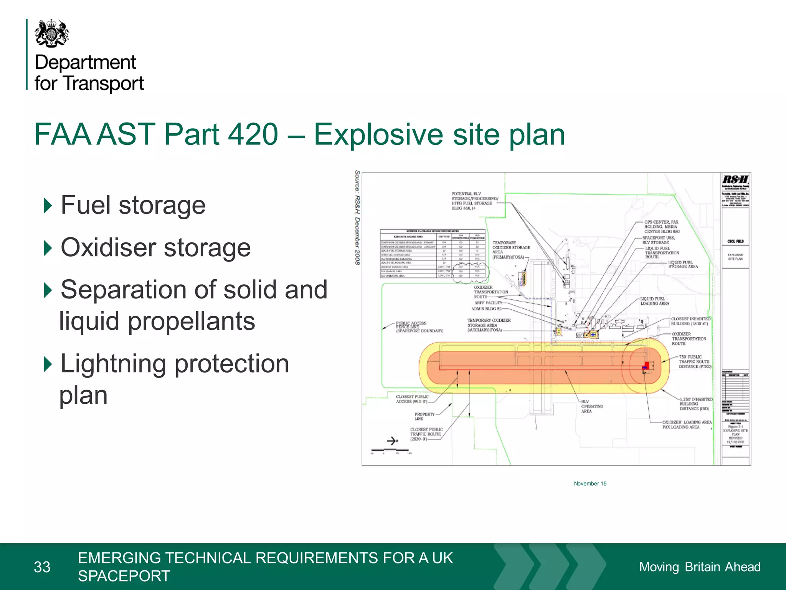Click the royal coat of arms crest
(x=52, y=34)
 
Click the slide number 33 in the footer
(x=42, y=567)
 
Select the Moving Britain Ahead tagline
(x=699, y=567)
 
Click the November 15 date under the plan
(x=590, y=484)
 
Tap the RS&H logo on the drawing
(x=735, y=179)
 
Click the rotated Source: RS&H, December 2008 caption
(x=357, y=217)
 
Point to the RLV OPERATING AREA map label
(x=591, y=406)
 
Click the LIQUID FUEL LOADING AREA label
(x=654, y=301)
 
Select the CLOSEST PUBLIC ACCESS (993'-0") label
(x=412, y=399)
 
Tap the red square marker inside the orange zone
(x=647, y=365)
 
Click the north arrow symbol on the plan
(x=392, y=441)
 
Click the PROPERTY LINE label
(x=424, y=416)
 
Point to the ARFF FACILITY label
(x=488, y=303)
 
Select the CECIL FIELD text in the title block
(x=735, y=241)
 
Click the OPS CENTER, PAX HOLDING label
(x=662, y=227)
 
